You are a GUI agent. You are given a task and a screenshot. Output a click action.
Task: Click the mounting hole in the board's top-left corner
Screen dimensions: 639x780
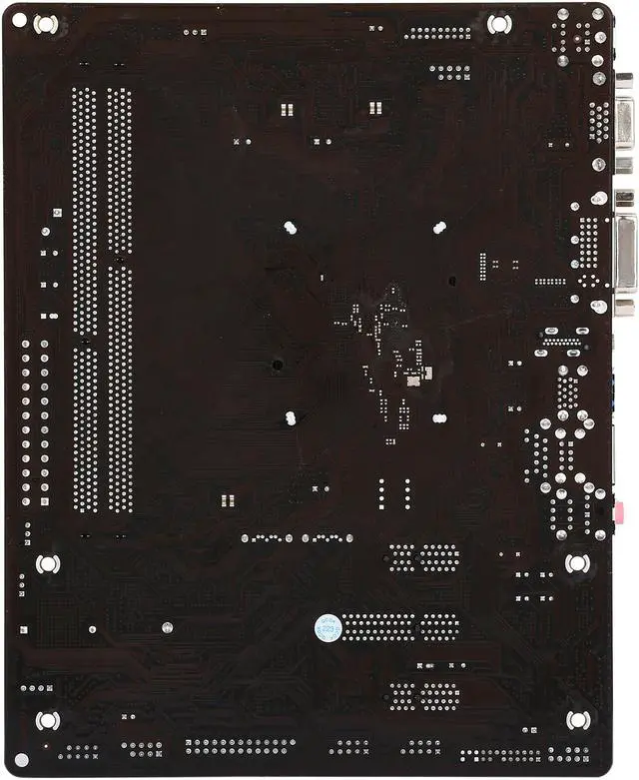click(x=45, y=23)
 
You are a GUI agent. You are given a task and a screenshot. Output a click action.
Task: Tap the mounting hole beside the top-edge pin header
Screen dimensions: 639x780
click(x=497, y=23)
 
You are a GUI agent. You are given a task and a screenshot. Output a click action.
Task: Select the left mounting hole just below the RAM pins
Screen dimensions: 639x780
click(x=47, y=564)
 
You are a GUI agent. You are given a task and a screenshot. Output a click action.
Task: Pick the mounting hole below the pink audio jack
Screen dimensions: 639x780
click(x=577, y=563)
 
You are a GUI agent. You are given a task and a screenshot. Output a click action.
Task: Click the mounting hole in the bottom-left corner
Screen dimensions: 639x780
click(x=47, y=720)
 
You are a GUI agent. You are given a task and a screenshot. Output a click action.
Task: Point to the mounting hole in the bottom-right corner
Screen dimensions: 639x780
click(x=577, y=720)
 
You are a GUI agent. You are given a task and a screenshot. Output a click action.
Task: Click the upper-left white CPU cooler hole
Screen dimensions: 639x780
click(x=290, y=228)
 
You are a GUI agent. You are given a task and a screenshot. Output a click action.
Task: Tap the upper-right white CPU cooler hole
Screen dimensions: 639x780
click(x=439, y=228)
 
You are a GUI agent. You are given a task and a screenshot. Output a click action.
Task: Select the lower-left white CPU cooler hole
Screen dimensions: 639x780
click(x=290, y=417)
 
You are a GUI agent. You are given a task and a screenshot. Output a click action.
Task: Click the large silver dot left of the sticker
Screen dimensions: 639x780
click(x=167, y=628)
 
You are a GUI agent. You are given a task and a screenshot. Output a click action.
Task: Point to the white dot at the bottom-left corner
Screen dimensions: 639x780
click(x=21, y=761)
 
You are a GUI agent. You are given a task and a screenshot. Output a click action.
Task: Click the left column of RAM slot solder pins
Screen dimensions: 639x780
click(x=86, y=300)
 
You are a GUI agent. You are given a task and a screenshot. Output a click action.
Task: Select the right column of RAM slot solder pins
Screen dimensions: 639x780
click(x=119, y=300)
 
